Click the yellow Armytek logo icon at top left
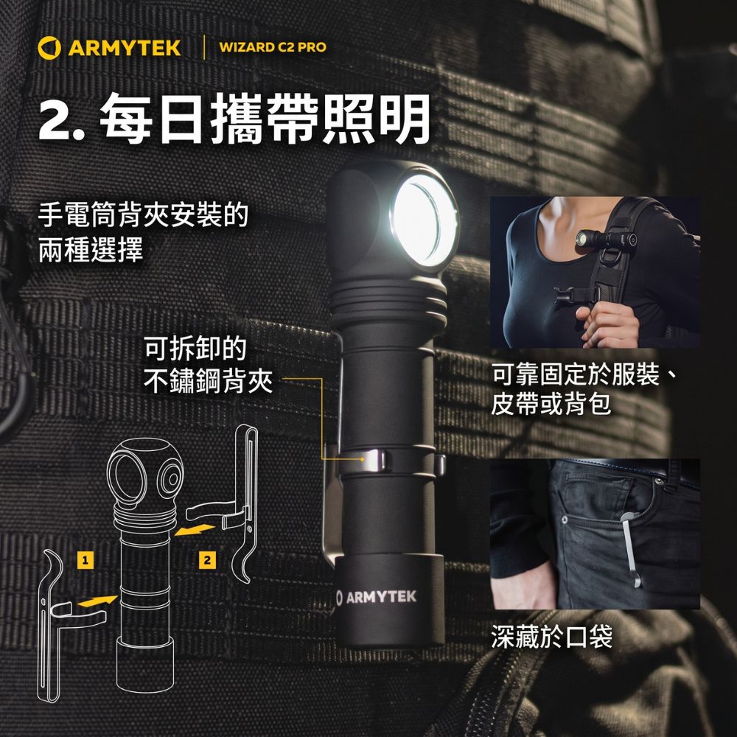tap(49, 48)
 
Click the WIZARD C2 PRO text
tap(273, 47)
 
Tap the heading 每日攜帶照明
tap(265, 119)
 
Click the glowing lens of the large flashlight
tap(424, 220)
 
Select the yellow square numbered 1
tap(85, 560)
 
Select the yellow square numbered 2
tap(207, 560)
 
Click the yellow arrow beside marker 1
tap(97, 601)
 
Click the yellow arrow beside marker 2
tap(195, 530)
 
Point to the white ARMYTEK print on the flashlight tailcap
tap(377, 597)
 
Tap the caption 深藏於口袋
tap(552, 637)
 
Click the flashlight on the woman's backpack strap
tap(607, 238)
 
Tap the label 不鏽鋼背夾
tap(208, 381)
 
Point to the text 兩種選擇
tap(91, 250)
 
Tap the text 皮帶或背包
tap(551, 404)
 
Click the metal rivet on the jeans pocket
tap(564, 521)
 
